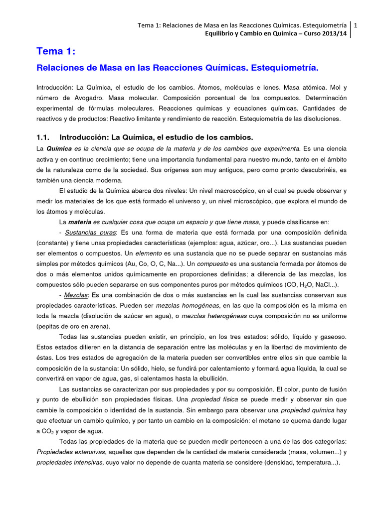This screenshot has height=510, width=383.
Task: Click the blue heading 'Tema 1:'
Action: pyautogui.click(x=55, y=51)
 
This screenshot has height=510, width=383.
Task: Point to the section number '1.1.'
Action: pyautogui.click(x=43, y=137)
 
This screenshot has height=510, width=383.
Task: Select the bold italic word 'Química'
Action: pyautogui.click(x=59, y=149)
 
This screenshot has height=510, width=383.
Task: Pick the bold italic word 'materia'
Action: pyautogui.click(x=80, y=222)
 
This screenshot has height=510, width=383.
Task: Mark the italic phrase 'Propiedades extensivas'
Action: pyautogui.click(x=70, y=452)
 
